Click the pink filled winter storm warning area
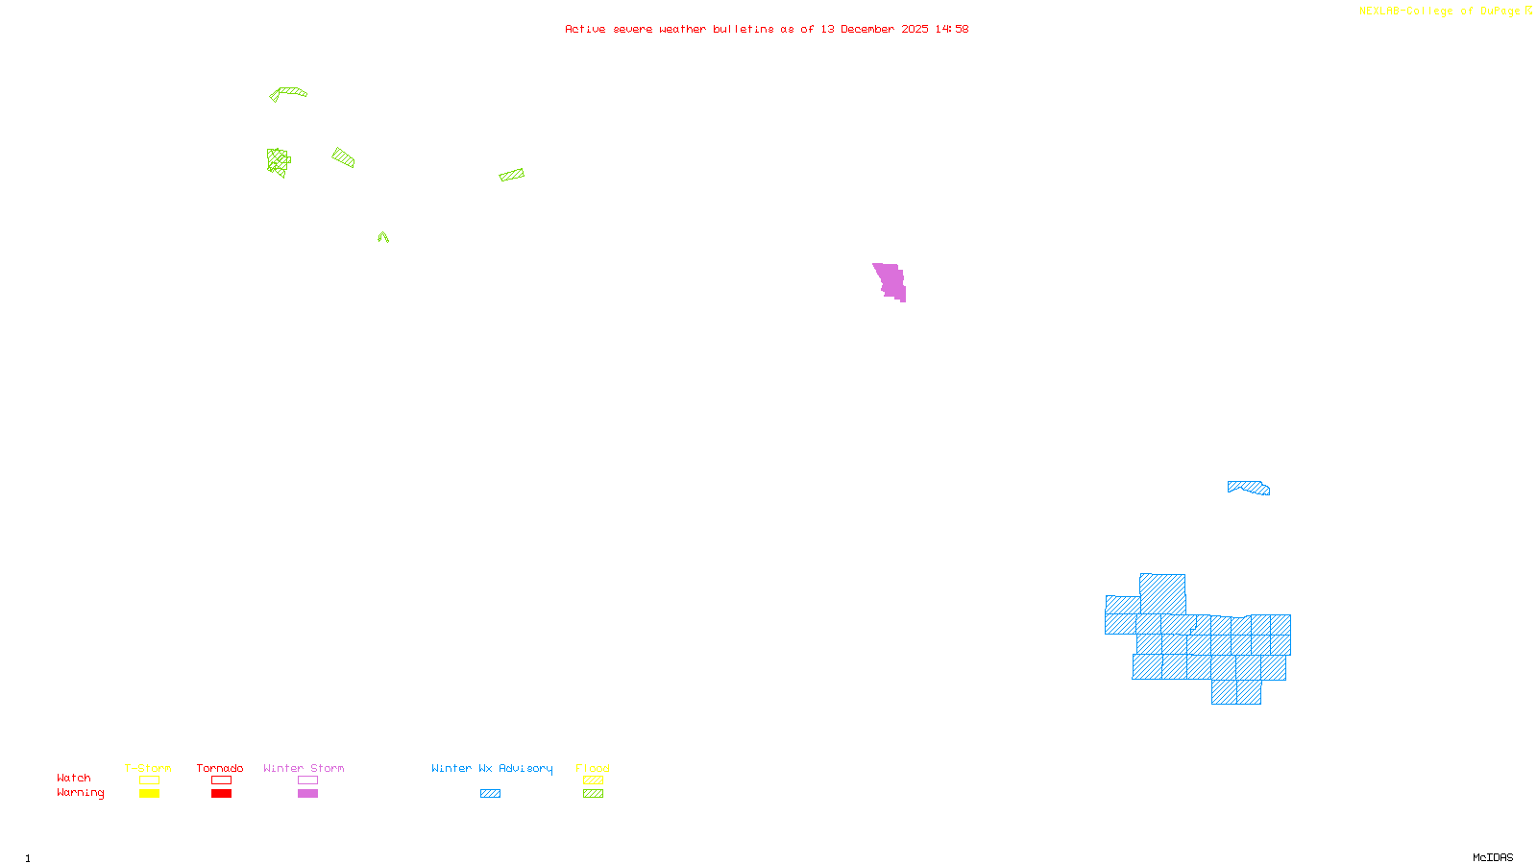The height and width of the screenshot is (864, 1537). click(890, 281)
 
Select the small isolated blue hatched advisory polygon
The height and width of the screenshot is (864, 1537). click(1249, 488)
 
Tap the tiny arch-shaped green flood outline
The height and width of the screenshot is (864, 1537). click(383, 236)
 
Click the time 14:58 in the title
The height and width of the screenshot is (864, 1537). click(952, 29)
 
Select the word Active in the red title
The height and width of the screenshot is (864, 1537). click(585, 29)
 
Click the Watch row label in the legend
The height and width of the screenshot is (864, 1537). click(74, 778)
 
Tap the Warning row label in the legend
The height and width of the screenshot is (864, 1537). click(80, 793)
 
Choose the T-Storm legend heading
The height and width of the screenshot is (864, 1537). click(148, 768)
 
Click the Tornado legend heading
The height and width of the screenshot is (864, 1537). click(220, 768)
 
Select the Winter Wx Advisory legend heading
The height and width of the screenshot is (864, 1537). click(492, 768)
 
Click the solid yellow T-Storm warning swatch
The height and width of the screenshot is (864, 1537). click(149, 794)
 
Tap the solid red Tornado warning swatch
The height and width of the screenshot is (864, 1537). click(222, 794)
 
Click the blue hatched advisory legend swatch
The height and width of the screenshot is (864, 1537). click(490, 794)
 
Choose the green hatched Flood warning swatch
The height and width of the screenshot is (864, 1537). click(594, 794)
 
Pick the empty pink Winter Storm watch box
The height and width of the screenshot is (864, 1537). click(307, 780)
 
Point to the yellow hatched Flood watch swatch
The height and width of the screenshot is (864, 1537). click(594, 780)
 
